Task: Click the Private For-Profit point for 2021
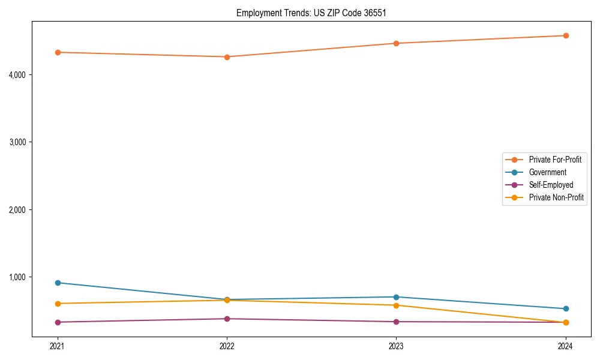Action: pos(58,52)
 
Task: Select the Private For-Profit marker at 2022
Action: pos(227,57)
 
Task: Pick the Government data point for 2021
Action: pos(58,283)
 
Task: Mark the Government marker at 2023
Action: pos(396,297)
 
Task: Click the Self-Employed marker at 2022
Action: pos(227,319)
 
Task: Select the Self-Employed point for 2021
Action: pos(58,322)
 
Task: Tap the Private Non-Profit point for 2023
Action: pos(396,305)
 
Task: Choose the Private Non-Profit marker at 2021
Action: pos(58,304)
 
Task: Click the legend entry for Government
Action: pos(547,172)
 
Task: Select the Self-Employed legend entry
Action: pos(551,185)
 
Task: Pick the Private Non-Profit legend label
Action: pos(556,197)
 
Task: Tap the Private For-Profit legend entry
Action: pos(555,160)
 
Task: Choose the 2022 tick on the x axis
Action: pos(227,346)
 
